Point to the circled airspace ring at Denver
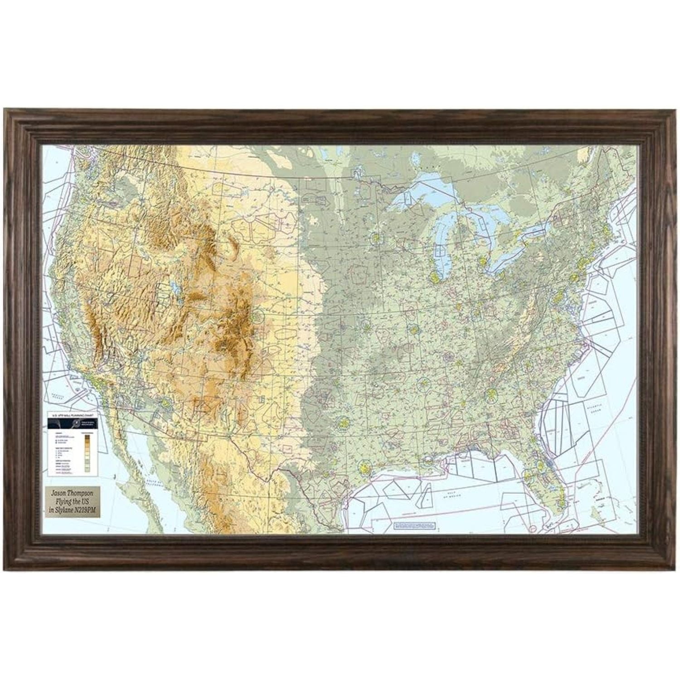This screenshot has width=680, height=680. pos(257,316)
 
